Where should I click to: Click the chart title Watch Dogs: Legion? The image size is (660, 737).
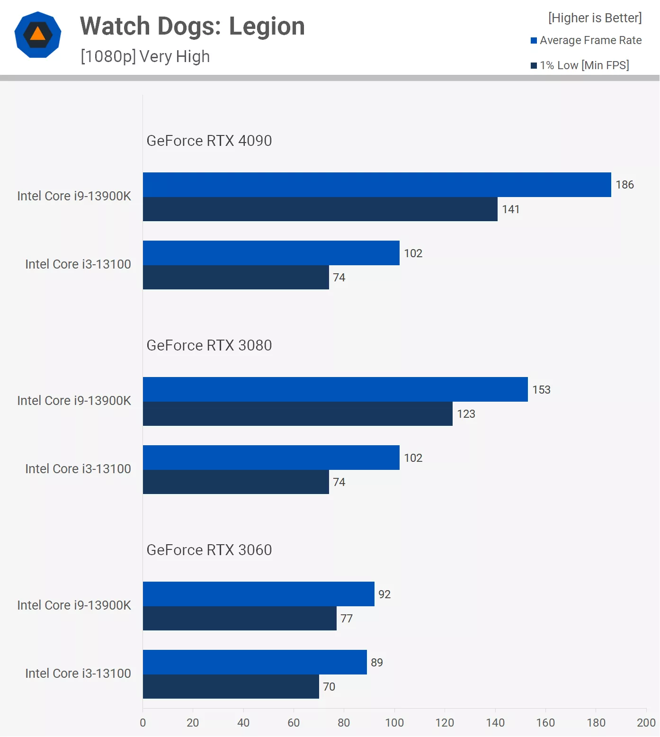tap(192, 27)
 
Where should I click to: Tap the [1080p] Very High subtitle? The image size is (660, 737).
tap(145, 56)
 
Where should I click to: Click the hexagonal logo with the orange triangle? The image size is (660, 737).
tap(38, 35)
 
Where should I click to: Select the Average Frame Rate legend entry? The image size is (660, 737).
tap(586, 40)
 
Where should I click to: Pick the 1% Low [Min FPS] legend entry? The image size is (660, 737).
tap(580, 65)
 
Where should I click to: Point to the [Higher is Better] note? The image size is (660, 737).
tap(595, 18)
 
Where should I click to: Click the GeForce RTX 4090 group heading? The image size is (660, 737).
tap(209, 141)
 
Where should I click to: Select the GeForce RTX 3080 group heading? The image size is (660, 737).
tap(209, 345)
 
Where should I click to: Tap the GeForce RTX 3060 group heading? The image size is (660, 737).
tap(209, 550)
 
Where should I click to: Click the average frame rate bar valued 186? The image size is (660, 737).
tap(377, 185)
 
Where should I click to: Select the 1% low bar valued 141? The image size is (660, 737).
tap(320, 209)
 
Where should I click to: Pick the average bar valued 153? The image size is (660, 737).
tap(335, 389)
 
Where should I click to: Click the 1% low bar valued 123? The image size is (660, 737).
tap(297, 414)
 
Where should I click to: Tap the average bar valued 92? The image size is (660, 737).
tap(259, 594)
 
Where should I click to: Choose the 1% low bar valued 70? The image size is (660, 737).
tap(231, 687)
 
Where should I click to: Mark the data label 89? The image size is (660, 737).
tap(377, 663)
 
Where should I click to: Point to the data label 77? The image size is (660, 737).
tap(347, 619)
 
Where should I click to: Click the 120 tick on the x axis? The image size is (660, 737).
tap(445, 723)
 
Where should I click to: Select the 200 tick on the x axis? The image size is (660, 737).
tap(646, 723)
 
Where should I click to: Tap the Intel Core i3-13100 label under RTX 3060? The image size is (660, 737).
tap(78, 674)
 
